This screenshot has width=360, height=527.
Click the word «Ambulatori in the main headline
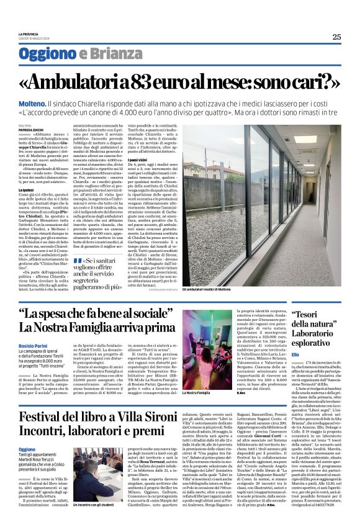click(86, 81)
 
